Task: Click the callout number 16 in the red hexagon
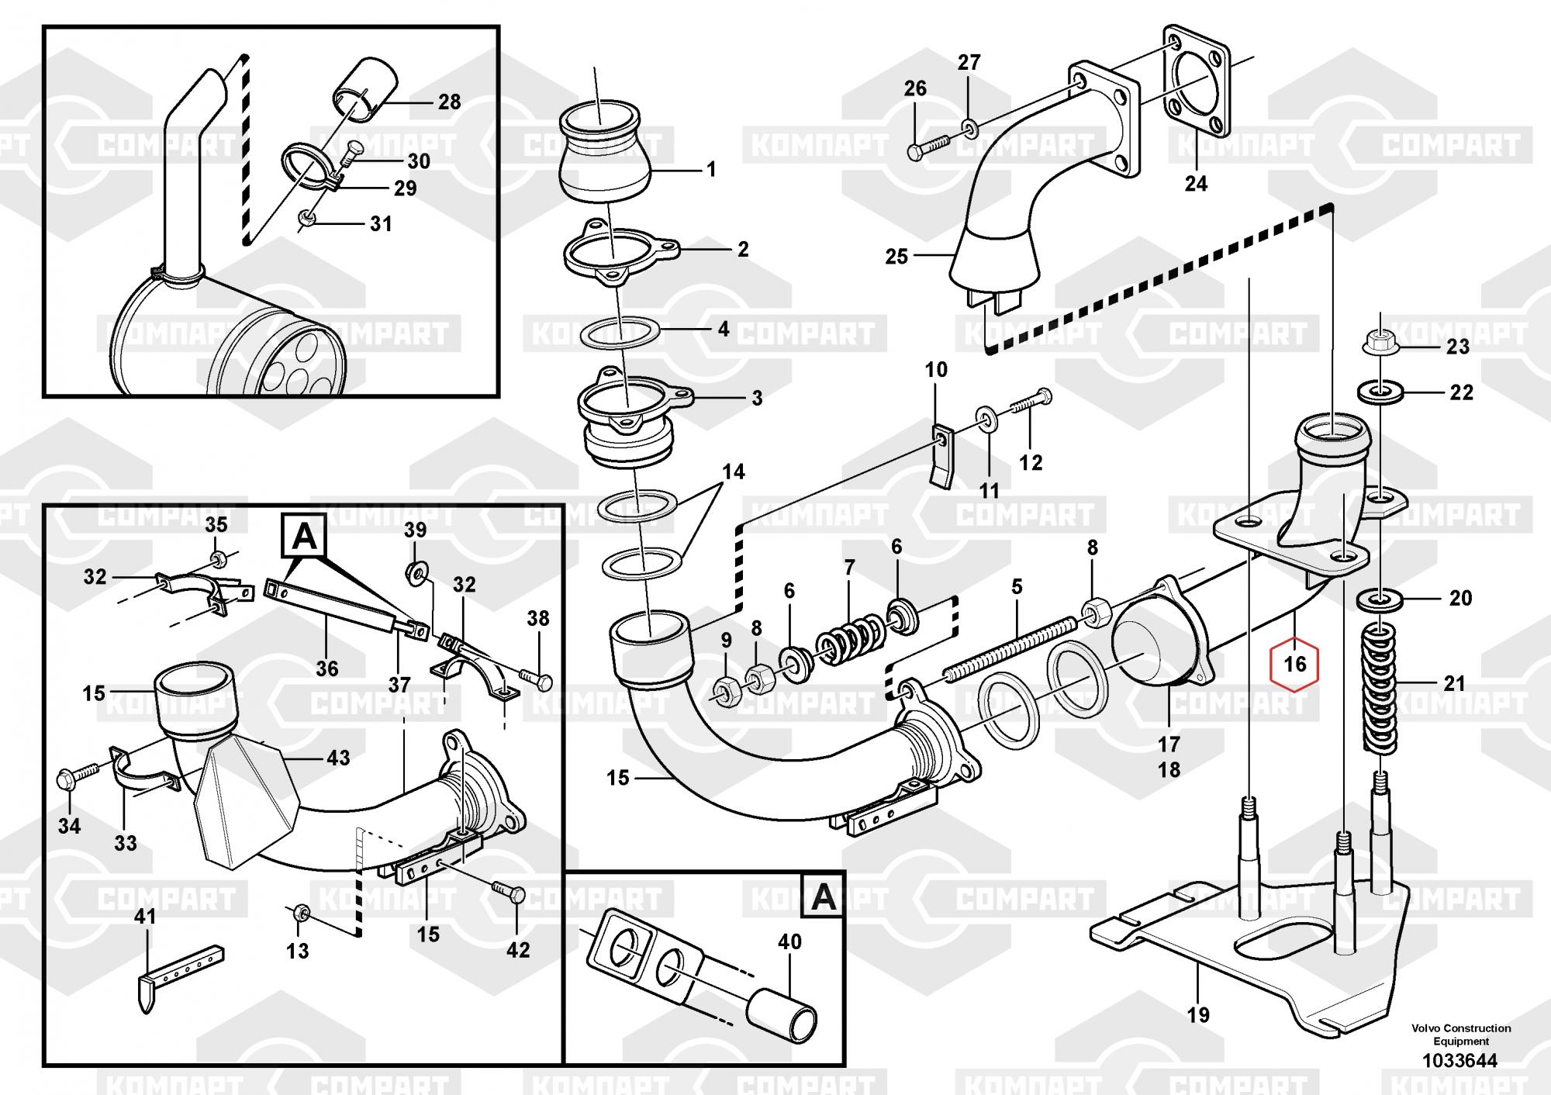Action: tap(1295, 664)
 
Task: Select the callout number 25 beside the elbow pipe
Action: tap(896, 256)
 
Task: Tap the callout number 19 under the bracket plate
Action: tap(1198, 1014)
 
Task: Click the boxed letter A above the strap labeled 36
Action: tap(305, 536)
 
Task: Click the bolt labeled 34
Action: tap(78, 776)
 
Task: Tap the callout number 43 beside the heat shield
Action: tap(338, 757)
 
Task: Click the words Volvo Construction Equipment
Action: tap(1461, 1035)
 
